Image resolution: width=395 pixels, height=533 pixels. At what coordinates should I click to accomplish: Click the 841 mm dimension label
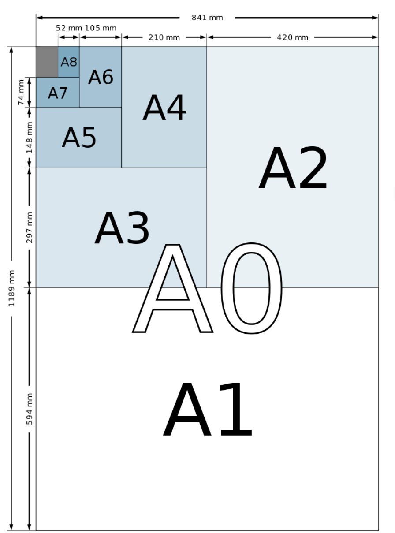pyautogui.click(x=207, y=18)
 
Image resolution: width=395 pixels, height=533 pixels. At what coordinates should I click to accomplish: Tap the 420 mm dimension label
pyautogui.click(x=292, y=37)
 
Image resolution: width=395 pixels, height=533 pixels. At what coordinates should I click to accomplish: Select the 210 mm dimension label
pyautogui.click(x=164, y=37)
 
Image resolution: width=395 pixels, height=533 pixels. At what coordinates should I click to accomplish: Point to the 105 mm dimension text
pyautogui.click(x=101, y=28)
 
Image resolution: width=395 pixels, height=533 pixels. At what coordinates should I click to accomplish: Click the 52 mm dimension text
pyautogui.click(x=69, y=28)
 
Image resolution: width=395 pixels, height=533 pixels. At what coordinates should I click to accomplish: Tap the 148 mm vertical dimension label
pyautogui.click(x=30, y=137)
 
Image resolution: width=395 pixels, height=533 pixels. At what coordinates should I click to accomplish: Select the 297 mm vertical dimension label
pyautogui.click(x=30, y=227)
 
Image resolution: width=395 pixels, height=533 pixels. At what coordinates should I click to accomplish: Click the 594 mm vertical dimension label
pyautogui.click(x=30, y=409)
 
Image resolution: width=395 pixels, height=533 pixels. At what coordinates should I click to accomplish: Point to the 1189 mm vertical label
pyautogui.click(x=11, y=288)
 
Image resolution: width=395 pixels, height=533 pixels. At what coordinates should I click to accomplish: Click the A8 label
pyautogui.click(x=69, y=62)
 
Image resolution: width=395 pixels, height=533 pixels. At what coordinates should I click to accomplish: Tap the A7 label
pyautogui.click(x=58, y=93)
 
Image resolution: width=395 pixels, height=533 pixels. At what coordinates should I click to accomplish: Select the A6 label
pyautogui.click(x=101, y=77)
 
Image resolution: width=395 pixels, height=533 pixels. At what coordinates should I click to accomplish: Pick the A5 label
pyautogui.click(x=79, y=138)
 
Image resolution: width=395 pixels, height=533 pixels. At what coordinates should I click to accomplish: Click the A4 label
pyautogui.click(x=164, y=108)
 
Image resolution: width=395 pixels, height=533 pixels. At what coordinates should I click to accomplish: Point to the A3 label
pyautogui.click(x=122, y=228)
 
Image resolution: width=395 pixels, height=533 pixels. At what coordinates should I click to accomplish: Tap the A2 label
pyautogui.click(x=293, y=169)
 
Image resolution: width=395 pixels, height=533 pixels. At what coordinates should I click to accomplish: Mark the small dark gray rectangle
pyautogui.click(x=47, y=62)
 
